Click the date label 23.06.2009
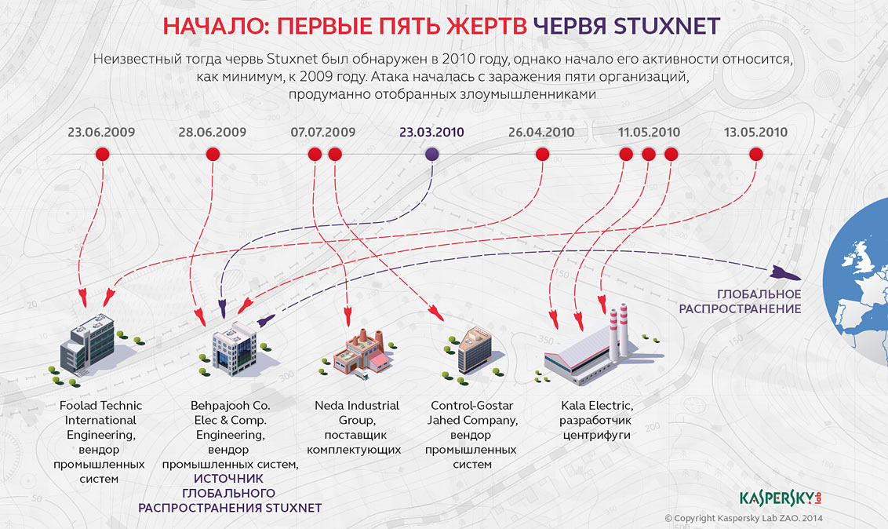101,132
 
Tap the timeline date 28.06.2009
213,132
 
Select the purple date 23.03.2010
431,132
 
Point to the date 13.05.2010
755,132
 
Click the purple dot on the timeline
431,154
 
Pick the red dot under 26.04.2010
542,154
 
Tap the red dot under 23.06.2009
103,154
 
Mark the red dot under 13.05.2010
756,154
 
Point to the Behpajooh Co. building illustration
233,349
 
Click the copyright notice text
743,518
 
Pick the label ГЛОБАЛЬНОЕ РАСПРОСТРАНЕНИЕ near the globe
741,301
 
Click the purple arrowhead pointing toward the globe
784,273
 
